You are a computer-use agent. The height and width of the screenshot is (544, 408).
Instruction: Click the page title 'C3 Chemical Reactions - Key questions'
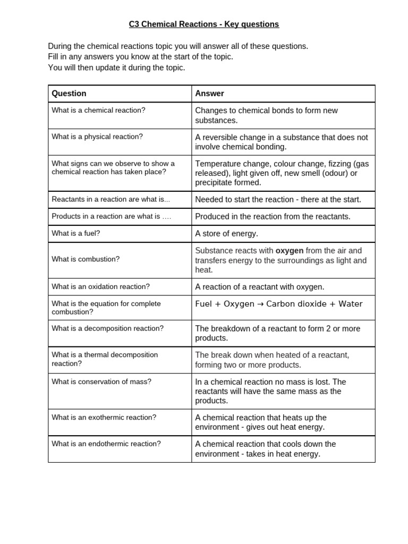click(x=204, y=24)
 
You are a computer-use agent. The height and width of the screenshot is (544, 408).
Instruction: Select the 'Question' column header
click(x=69, y=93)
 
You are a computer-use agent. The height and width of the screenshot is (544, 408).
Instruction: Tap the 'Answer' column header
click(x=209, y=93)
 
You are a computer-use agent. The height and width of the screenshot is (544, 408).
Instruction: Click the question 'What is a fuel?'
click(x=75, y=233)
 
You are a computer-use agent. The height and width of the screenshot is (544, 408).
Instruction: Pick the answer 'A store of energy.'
click(x=226, y=234)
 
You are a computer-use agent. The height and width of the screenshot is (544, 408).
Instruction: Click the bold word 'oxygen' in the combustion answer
click(x=290, y=251)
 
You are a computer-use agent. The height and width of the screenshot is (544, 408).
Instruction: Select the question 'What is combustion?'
click(x=86, y=259)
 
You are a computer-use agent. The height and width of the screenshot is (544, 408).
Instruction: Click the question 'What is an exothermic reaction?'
click(x=104, y=417)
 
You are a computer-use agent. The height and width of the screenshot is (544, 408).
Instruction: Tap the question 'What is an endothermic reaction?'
click(x=106, y=444)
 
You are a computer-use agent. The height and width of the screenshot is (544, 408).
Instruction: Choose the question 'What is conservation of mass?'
click(x=101, y=381)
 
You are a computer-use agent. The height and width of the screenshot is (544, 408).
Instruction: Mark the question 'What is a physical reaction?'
click(x=97, y=137)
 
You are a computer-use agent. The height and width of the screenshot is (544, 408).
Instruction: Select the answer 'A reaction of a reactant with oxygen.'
click(x=259, y=287)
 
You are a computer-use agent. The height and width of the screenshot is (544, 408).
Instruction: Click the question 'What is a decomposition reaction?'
click(x=107, y=328)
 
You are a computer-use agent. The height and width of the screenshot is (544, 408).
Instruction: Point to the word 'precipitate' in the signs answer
click(x=216, y=183)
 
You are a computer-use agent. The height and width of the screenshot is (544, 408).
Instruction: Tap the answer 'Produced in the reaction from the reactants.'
click(x=273, y=217)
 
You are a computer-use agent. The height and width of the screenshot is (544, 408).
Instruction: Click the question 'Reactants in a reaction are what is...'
click(x=110, y=199)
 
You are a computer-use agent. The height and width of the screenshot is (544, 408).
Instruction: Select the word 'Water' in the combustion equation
click(x=351, y=304)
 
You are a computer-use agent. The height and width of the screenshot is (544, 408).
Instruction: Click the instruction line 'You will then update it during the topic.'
click(x=116, y=68)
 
